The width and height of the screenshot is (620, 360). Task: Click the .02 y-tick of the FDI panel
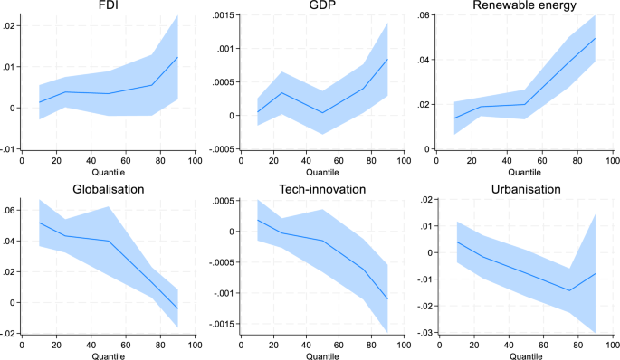[9, 24]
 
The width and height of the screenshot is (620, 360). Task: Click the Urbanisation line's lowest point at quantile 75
[568, 290]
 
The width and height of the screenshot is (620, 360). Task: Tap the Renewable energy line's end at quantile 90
[595, 38]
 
